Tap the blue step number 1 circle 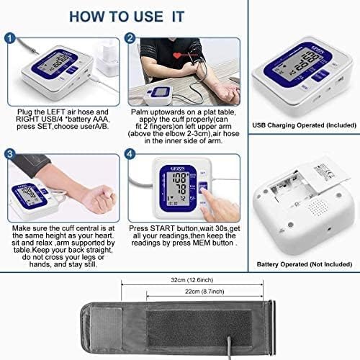9,39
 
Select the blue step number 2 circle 130,39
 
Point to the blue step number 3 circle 9,154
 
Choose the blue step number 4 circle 130,154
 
